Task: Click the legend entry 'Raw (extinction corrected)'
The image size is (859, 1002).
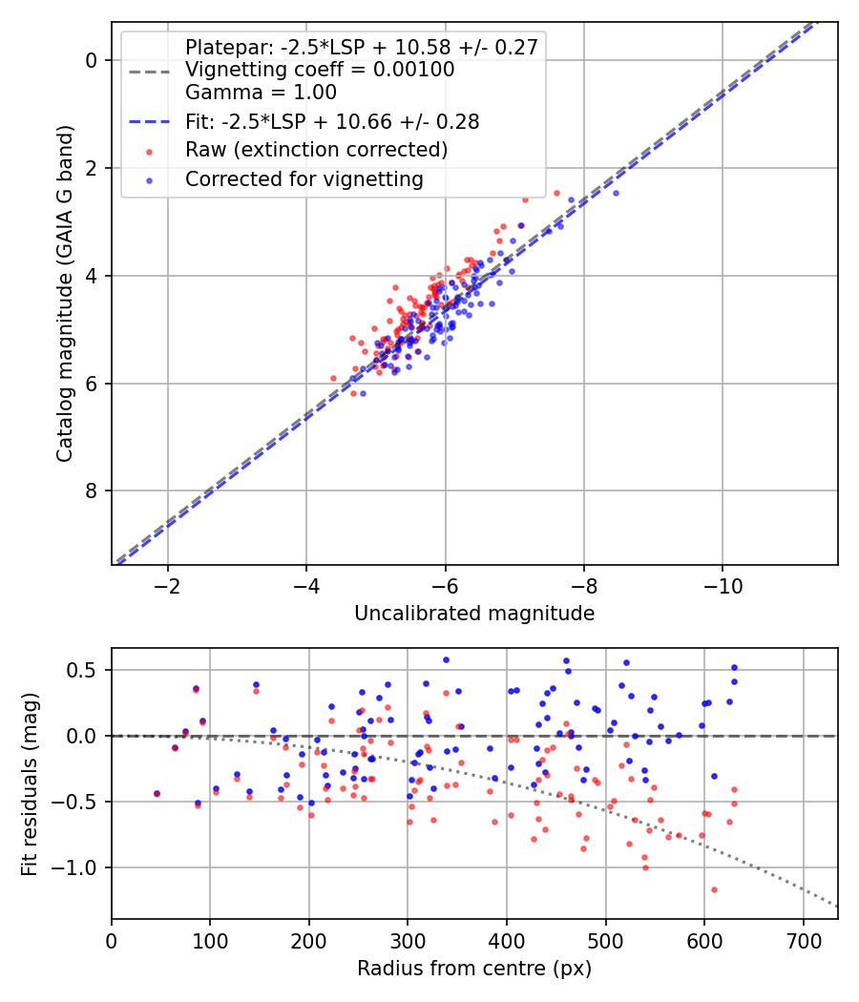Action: [316, 150]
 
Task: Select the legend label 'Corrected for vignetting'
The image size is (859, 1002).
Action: [304, 178]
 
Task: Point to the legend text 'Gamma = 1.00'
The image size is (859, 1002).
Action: [261, 93]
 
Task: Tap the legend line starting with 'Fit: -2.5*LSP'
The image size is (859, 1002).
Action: [331, 121]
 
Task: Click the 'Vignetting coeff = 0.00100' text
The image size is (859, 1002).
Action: [320, 70]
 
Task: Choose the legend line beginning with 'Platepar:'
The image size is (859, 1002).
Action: [361, 47]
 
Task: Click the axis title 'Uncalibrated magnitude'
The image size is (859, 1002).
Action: [474, 614]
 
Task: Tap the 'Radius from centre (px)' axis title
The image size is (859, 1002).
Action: [474, 969]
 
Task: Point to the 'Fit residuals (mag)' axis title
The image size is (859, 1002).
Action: [31, 783]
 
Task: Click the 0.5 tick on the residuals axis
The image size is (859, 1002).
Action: [89, 670]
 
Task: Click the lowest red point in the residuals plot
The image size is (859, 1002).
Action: [714, 889]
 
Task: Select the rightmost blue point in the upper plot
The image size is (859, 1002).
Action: [616, 193]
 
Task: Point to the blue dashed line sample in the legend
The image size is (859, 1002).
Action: [148, 122]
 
